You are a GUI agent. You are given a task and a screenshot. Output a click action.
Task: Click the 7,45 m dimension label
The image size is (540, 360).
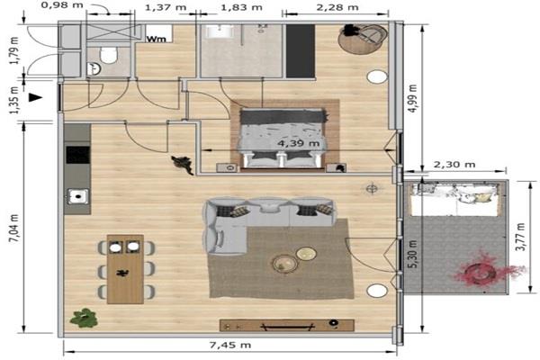[230, 345]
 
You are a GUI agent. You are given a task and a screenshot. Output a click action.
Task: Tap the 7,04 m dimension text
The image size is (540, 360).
[14, 229]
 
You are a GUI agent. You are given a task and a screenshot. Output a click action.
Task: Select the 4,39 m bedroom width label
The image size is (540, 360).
[298, 143]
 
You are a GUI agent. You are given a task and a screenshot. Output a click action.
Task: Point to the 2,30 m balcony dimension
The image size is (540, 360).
[454, 165]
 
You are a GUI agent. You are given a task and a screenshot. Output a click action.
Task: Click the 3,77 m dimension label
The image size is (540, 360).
[521, 237]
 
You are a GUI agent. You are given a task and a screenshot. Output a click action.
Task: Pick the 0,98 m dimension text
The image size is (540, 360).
[62, 5]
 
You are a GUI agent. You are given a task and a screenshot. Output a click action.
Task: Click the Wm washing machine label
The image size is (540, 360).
[157, 39]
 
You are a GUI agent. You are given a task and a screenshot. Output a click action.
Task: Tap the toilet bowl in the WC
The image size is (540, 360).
[109, 55]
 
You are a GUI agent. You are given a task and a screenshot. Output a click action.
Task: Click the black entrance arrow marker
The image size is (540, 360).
[35, 97]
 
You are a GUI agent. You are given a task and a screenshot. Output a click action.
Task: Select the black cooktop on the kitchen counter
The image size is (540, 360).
[77, 155]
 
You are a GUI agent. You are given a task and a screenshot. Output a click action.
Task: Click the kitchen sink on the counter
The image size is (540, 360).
[77, 197]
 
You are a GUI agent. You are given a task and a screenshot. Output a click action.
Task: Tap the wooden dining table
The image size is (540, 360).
[125, 269]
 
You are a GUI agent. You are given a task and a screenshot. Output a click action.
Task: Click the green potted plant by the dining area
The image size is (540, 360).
[84, 318]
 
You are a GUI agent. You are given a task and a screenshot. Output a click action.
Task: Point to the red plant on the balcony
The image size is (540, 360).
[487, 270]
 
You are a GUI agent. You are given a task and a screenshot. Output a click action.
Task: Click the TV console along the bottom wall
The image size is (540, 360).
[287, 325]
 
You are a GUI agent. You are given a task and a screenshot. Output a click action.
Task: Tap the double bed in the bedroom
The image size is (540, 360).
[283, 139]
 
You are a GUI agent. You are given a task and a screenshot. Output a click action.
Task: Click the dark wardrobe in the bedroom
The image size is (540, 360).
[301, 51]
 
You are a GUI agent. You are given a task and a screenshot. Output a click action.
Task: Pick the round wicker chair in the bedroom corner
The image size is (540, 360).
[363, 39]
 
